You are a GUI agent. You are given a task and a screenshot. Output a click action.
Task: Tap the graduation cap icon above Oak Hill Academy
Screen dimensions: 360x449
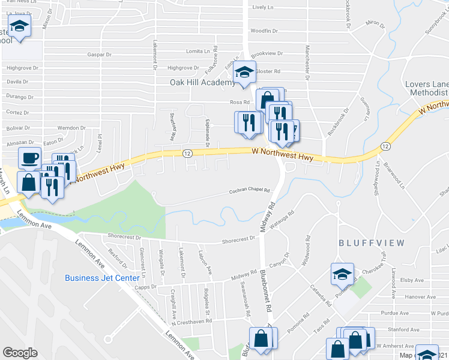click(x=244, y=72)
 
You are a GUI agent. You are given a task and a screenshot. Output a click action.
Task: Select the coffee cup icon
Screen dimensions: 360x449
click(x=29, y=158)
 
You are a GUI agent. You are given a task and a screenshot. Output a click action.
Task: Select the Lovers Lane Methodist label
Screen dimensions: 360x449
click(x=426, y=88)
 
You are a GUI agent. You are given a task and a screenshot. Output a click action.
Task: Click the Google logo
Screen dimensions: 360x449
click(x=20, y=353)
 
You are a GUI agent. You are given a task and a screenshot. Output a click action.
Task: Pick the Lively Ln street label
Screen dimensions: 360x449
click(x=263, y=8)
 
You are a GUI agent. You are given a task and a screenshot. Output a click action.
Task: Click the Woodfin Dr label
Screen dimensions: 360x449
click(x=264, y=31)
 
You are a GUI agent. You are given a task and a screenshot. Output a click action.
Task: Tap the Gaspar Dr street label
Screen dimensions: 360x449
click(x=99, y=55)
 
